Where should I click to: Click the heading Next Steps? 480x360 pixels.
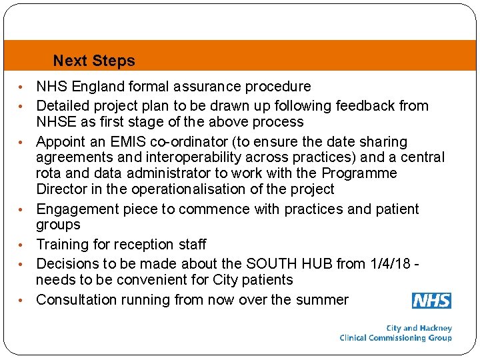pyautogui.click(x=94, y=61)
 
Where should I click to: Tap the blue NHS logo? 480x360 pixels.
pyautogui.click(x=431, y=301)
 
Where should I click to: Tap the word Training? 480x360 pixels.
pyautogui.click(x=62, y=245)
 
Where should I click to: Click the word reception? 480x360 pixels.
pyautogui.click(x=136, y=245)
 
